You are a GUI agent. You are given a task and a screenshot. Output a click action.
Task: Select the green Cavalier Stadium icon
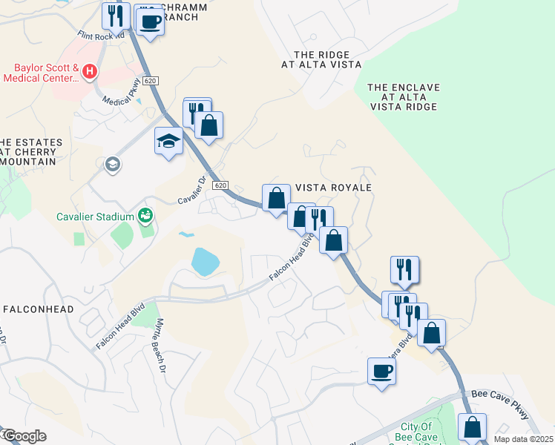(x=145, y=216)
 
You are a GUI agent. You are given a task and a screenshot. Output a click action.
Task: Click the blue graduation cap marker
(x=169, y=140)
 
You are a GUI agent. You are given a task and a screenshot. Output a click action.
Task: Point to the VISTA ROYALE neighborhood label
(x=333, y=188)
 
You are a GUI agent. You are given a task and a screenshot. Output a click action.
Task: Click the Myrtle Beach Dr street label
(x=160, y=346)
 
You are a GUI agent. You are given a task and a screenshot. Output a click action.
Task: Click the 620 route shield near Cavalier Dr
(x=219, y=185)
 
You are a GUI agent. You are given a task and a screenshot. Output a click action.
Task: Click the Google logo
(x=24, y=436)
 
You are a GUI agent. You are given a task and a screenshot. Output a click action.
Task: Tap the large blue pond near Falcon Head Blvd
(x=206, y=261)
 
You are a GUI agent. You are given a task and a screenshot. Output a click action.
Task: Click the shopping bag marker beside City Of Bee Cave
(x=472, y=427)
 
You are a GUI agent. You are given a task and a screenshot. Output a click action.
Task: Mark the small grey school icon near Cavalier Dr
(x=113, y=164)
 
